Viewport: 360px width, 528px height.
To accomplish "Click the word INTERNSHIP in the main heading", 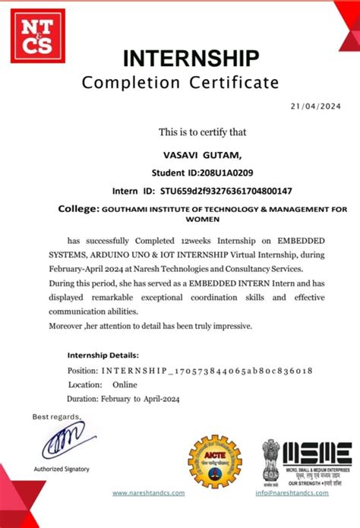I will (191, 58).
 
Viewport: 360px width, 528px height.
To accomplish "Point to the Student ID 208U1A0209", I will (222, 172).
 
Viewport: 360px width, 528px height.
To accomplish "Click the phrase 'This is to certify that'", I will (202, 132).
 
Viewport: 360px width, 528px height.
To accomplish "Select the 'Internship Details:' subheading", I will (103, 355).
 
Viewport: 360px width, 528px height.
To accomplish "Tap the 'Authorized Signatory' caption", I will (61, 469).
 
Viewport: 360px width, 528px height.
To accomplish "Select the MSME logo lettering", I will (317, 454).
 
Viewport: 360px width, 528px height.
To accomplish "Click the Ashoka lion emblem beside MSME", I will (270, 460).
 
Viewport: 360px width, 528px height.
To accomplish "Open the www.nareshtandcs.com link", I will (148, 493).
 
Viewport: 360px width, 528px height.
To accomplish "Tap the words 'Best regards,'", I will (55, 416).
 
